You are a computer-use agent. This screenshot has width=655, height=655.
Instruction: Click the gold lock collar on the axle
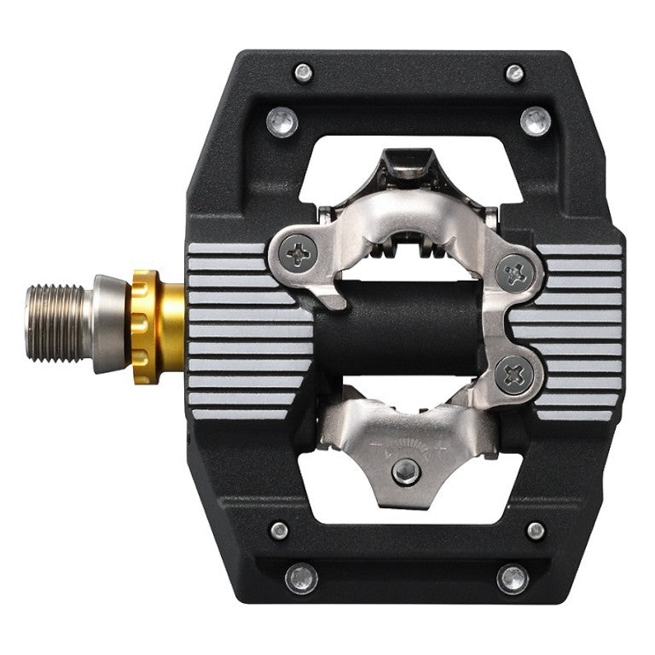tap(159, 327)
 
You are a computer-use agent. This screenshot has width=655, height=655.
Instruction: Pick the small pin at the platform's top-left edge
tap(302, 73)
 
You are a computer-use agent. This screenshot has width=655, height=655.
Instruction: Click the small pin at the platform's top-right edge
tap(514, 73)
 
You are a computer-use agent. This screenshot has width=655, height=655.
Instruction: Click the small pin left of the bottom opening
tap(279, 530)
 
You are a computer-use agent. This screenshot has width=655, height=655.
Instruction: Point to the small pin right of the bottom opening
tap(535, 530)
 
